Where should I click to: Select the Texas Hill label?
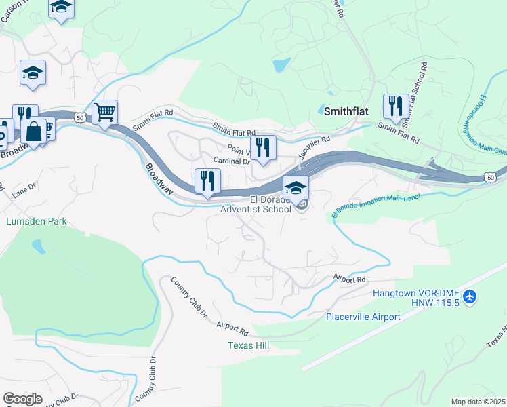click(248, 346)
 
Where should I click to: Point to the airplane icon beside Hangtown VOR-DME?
click(472, 296)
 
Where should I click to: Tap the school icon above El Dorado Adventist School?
click(296, 187)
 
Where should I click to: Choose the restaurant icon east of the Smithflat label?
click(395, 106)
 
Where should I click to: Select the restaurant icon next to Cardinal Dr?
click(263, 147)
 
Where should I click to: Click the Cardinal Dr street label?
click(232, 161)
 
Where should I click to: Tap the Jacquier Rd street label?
click(313, 147)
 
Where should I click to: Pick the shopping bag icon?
click(33, 131)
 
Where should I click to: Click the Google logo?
click(22, 398)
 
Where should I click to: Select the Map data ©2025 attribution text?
click(478, 402)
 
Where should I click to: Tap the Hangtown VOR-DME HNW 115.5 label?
click(416, 298)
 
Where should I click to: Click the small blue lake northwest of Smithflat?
click(280, 66)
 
